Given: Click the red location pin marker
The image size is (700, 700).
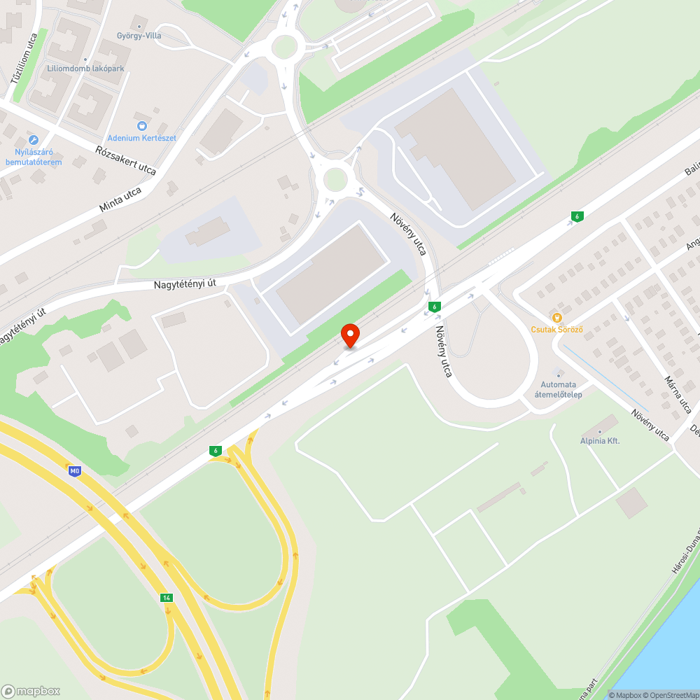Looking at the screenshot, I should [x=349, y=335].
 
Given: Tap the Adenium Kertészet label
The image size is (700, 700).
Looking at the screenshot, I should [x=141, y=138].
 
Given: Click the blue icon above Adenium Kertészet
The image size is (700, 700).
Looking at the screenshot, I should [x=142, y=125].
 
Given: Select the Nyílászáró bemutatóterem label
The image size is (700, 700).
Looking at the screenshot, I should [x=33, y=157].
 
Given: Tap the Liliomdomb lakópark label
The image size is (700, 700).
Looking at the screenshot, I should [x=86, y=69].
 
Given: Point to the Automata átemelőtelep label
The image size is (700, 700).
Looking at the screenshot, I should [x=558, y=389].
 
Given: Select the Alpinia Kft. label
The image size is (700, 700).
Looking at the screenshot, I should [x=600, y=441].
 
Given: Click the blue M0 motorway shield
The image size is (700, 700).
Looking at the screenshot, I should [x=75, y=470].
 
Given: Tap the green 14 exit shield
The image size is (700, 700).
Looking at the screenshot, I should [x=166, y=597].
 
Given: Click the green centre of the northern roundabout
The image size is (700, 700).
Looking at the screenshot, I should [x=284, y=47].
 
